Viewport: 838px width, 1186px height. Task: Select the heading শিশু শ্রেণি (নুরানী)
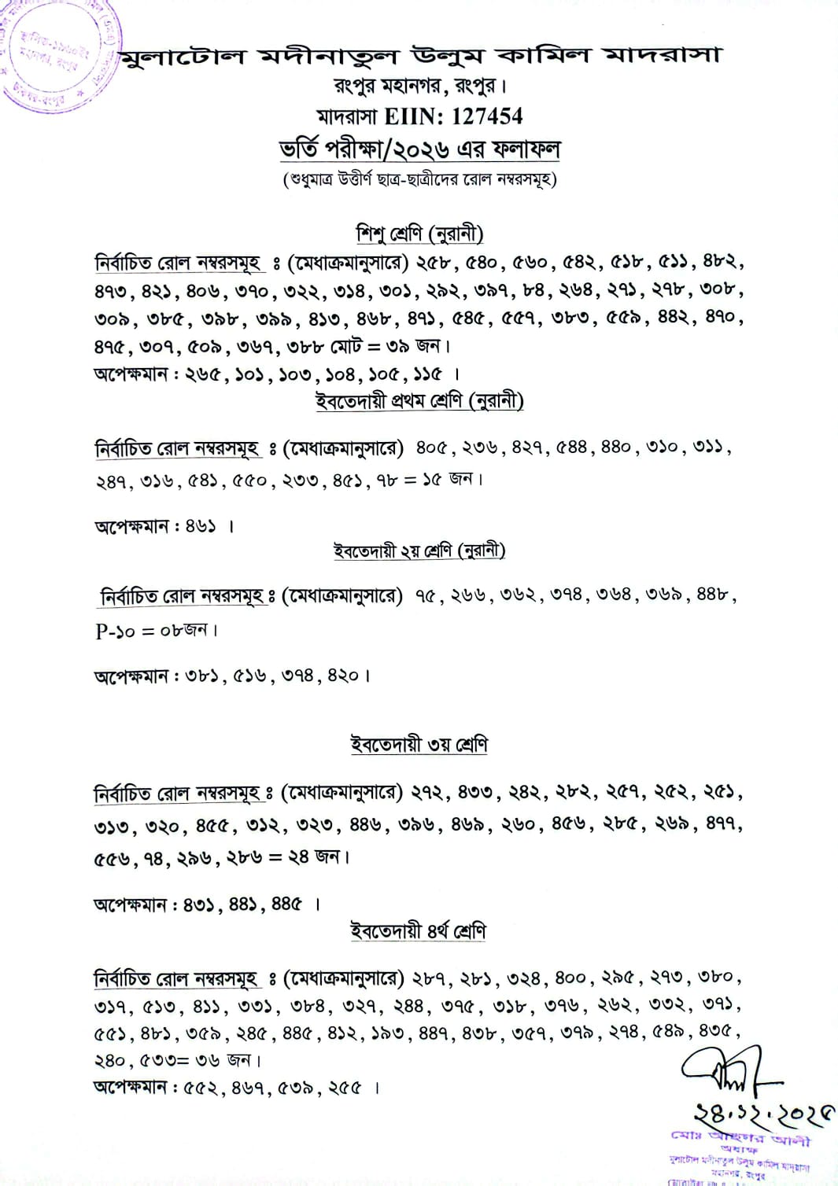(x=419, y=234)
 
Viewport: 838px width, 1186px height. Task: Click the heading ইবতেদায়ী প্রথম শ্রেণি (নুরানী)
(x=419, y=401)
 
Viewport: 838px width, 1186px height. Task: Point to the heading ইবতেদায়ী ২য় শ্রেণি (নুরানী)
(x=419, y=551)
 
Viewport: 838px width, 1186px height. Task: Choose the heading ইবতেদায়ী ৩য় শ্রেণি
(x=419, y=744)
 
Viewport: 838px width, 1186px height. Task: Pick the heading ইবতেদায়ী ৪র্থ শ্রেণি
(x=419, y=931)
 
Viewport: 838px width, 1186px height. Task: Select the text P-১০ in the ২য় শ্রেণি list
(x=115, y=631)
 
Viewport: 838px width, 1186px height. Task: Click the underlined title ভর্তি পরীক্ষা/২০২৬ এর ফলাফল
(x=419, y=149)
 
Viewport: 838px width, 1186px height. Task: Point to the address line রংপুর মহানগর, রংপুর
(x=419, y=85)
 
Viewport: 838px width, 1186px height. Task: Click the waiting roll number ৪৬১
(x=200, y=526)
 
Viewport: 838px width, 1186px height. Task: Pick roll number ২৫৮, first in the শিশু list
(x=434, y=262)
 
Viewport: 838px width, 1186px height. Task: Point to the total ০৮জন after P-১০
(x=186, y=631)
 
